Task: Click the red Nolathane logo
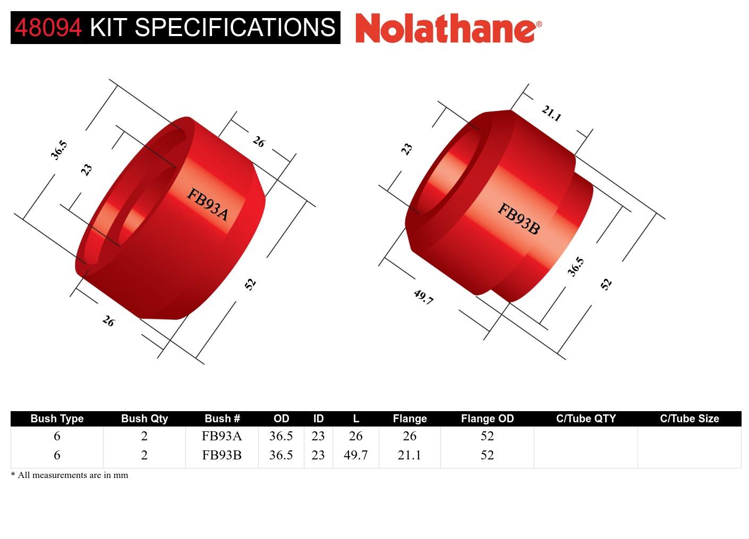click(x=448, y=28)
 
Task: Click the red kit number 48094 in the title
click(x=48, y=28)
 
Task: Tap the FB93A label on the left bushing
click(x=208, y=205)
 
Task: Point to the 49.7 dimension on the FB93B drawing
click(x=423, y=297)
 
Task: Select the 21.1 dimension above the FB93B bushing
click(x=551, y=114)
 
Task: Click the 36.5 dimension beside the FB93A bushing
click(x=59, y=150)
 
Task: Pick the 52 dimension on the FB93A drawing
click(x=250, y=284)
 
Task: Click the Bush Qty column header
click(x=144, y=419)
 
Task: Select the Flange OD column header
click(x=487, y=419)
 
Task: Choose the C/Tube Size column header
click(x=689, y=419)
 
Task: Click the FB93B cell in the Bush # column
click(x=222, y=455)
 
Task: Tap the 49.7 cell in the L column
click(x=355, y=455)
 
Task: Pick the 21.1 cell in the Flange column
click(x=409, y=455)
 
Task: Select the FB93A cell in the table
click(x=222, y=436)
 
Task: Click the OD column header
click(x=281, y=419)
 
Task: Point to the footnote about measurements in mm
click(x=70, y=475)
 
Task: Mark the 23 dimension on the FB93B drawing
click(x=406, y=149)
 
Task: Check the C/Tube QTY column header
click(x=585, y=419)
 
